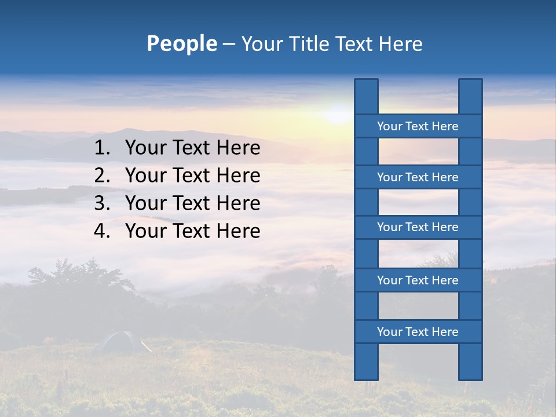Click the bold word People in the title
click(x=182, y=43)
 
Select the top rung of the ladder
click(x=418, y=126)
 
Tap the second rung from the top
click(x=418, y=177)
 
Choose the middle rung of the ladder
click(x=418, y=227)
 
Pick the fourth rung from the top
click(x=418, y=280)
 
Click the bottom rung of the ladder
click(x=418, y=332)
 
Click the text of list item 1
click(x=192, y=148)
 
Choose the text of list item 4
click(x=192, y=231)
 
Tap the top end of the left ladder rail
click(x=366, y=87)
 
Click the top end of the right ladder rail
click(x=470, y=87)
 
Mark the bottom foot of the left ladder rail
click(x=366, y=374)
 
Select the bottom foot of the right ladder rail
click(x=470, y=374)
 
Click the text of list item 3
click(x=192, y=203)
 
